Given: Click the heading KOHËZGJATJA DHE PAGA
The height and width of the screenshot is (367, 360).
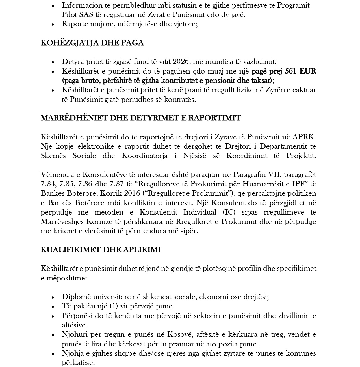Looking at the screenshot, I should point(92,43).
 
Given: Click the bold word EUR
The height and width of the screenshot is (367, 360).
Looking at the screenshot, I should point(308,71).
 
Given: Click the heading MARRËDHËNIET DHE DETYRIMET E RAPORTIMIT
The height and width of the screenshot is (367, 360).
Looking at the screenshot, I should point(141,118).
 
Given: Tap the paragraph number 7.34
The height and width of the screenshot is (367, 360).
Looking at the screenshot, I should point(48,184).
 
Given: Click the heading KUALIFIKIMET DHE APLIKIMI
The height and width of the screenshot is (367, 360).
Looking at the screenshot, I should point(101,250).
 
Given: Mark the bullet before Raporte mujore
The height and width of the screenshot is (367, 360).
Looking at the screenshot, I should point(53,24).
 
